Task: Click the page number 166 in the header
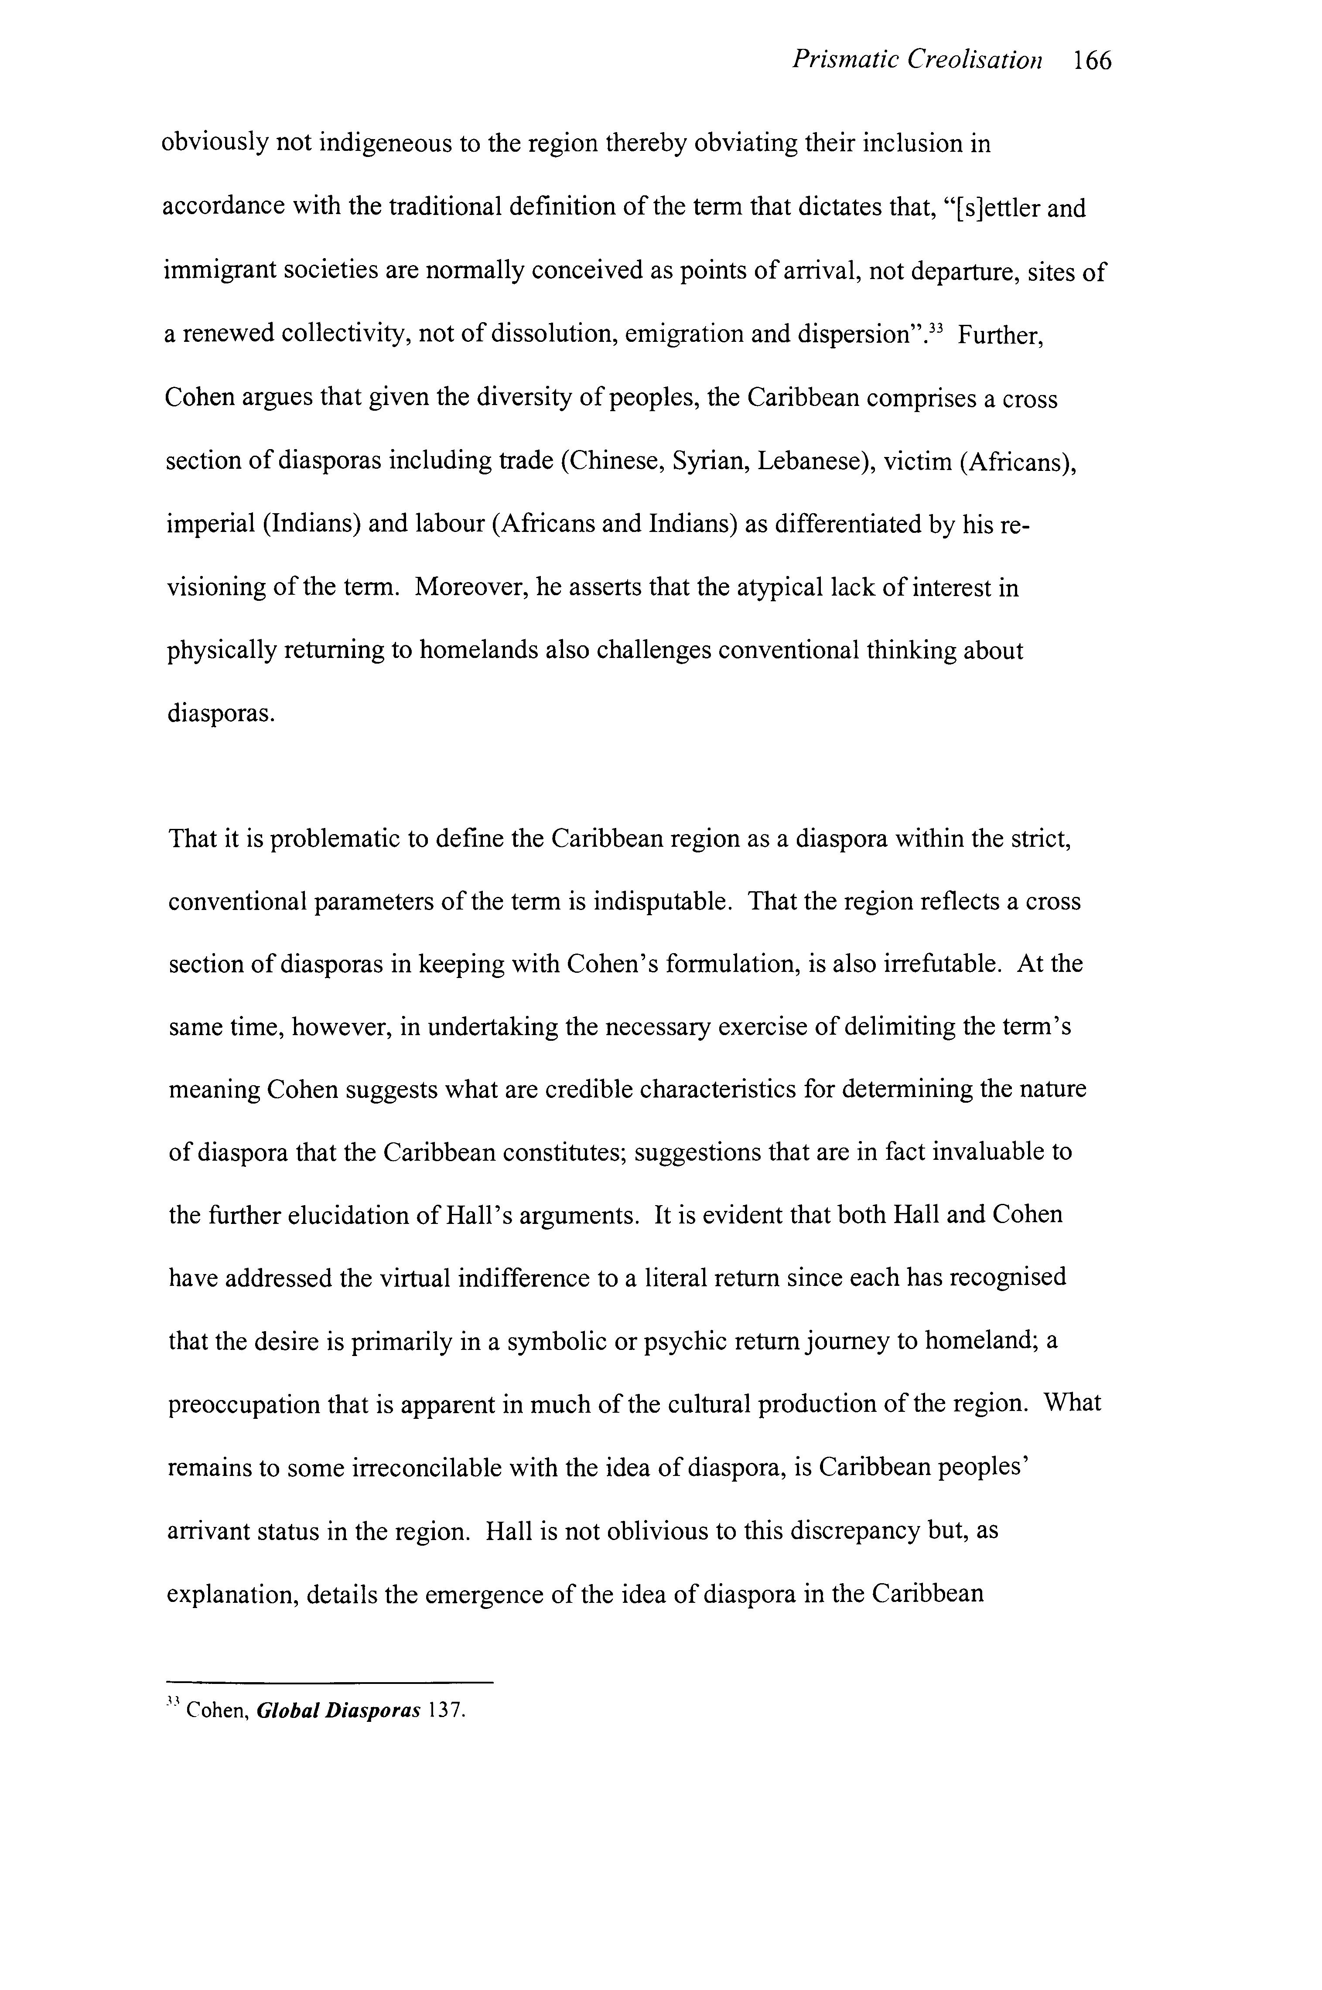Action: pos(1093,61)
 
